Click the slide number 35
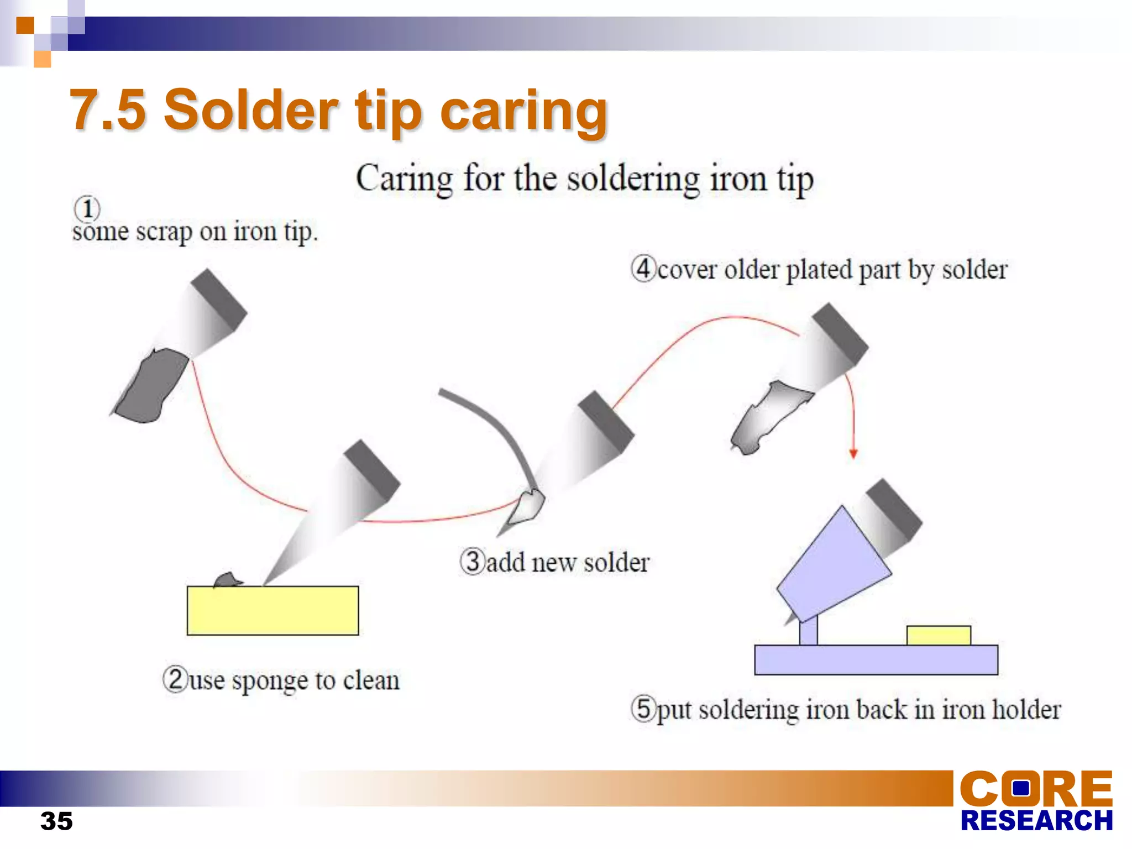click(56, 821)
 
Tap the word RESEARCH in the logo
click(1036, 821)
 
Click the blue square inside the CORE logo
click(1022, 788)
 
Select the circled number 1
click(87, 209)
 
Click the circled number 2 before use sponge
click(176, 679)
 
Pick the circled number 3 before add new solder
click(473, 561)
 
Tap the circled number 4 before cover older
click(643, 269)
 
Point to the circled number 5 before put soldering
click(643, 709)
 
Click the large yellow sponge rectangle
click(272, 611)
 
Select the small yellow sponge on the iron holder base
click(939, 636)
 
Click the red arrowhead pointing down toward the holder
click(853, 453)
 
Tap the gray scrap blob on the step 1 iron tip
click(150, 386)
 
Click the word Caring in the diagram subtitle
click(404, 179)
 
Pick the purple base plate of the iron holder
click(876, 660)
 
